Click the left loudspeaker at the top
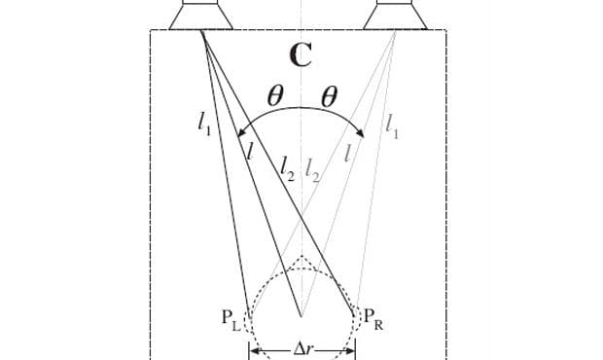tap(201, 14)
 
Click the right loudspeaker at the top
tap(396, 14)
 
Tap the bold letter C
tap(301, 55)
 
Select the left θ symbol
tap(275, 96)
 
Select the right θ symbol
tap(329, 96)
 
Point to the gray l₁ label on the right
tap(391, 124)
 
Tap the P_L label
tap(231, 316)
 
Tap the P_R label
tap(372, 318)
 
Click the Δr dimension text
tap(302, 348)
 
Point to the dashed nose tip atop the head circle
tap(302, 258)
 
